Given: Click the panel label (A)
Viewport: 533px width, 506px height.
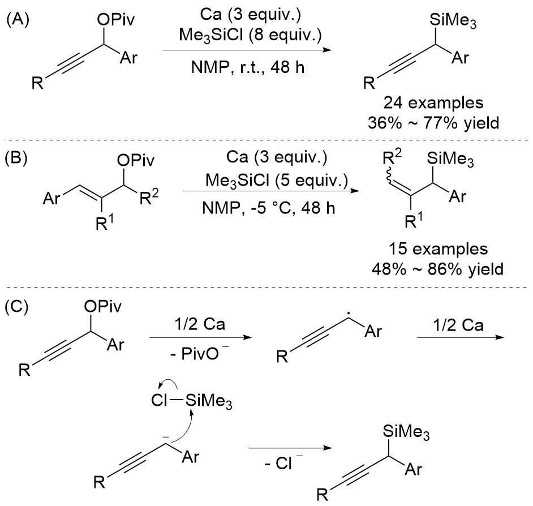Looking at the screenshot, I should point(17,13).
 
